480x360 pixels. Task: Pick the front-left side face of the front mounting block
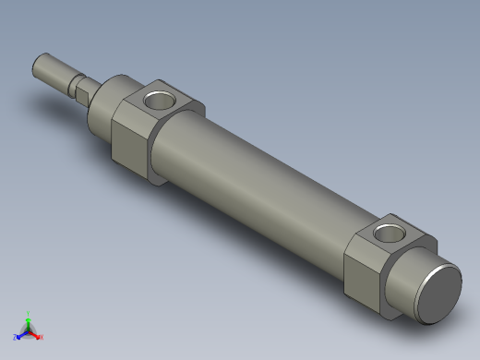pyautogui.click(x=130, y=138)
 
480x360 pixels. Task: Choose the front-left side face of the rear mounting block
pyautogui.click(x=362, y=274)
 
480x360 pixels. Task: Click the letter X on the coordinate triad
pyautogui.click(x=42, y=338)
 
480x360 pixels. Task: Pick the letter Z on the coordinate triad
pyautogui.click(x=15, y=338)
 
